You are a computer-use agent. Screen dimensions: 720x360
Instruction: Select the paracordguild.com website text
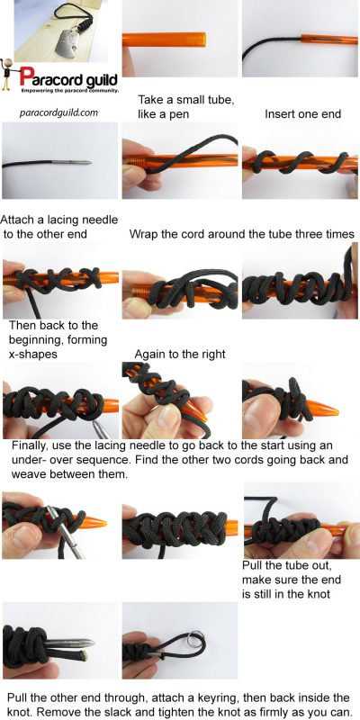62,113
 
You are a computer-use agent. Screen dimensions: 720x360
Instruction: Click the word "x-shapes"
34,355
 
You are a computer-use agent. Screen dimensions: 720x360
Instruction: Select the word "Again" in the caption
152,355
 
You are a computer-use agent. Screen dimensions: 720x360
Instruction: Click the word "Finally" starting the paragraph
32,445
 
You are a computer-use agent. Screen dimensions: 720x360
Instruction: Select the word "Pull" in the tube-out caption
256,564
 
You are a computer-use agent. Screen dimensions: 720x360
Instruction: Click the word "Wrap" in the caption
144,234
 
